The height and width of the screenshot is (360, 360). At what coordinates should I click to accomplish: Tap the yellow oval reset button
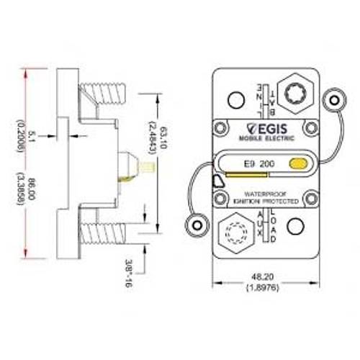[x=296, y=164]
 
